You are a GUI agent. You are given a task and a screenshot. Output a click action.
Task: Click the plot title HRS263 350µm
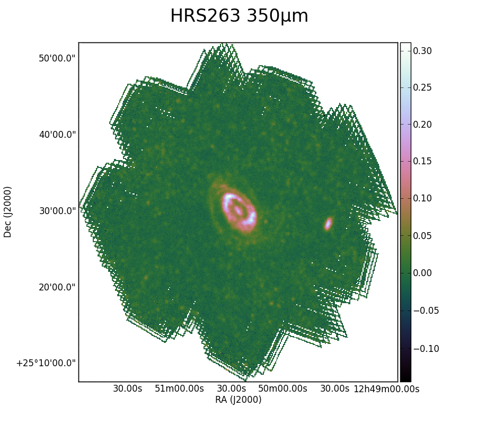pos(239,16)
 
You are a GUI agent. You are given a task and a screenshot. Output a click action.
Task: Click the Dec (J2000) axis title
pos(7,212)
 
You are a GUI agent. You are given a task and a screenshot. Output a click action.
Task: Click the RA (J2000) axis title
pos(238,400)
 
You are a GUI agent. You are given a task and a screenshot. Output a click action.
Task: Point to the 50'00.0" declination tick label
pos(57,58)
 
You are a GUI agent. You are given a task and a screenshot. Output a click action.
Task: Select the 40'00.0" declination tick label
pos(57,134)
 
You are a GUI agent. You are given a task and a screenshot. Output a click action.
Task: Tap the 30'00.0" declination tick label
pos(57,210)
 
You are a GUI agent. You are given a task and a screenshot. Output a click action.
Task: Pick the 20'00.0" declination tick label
pos(57,287)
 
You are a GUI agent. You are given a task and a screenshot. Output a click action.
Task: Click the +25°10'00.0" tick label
pos(46,363)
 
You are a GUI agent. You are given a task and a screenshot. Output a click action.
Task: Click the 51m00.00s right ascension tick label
pos(179,388)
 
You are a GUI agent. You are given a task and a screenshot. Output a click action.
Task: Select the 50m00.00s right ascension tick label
pos(282,388)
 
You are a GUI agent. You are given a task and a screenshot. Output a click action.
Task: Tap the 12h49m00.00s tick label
pos(386,388)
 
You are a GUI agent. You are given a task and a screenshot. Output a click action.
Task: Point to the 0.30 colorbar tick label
pos(422,51)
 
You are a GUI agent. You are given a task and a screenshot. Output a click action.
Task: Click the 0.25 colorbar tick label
pos(422,87)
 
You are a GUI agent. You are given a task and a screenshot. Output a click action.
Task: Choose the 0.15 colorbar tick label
pos(422,161)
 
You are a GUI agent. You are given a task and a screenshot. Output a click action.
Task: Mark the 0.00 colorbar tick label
pos(422,273)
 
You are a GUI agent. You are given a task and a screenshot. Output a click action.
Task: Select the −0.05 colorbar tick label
pos(426,311)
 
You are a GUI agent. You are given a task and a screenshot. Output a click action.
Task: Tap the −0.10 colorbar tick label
pos(426,349)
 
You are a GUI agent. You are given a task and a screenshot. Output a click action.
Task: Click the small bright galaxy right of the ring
pos(328,224)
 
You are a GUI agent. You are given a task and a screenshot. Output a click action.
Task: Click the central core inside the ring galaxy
pos(238,210)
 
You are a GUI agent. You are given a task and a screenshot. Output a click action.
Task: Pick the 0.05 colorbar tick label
pos(422,236)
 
